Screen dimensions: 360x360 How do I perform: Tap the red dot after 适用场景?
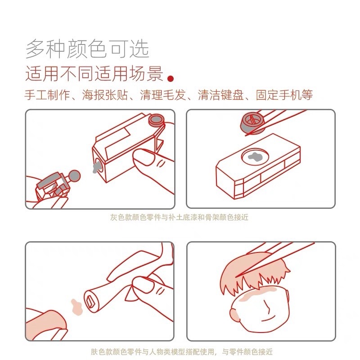171,79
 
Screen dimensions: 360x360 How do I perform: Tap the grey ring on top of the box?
157,119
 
